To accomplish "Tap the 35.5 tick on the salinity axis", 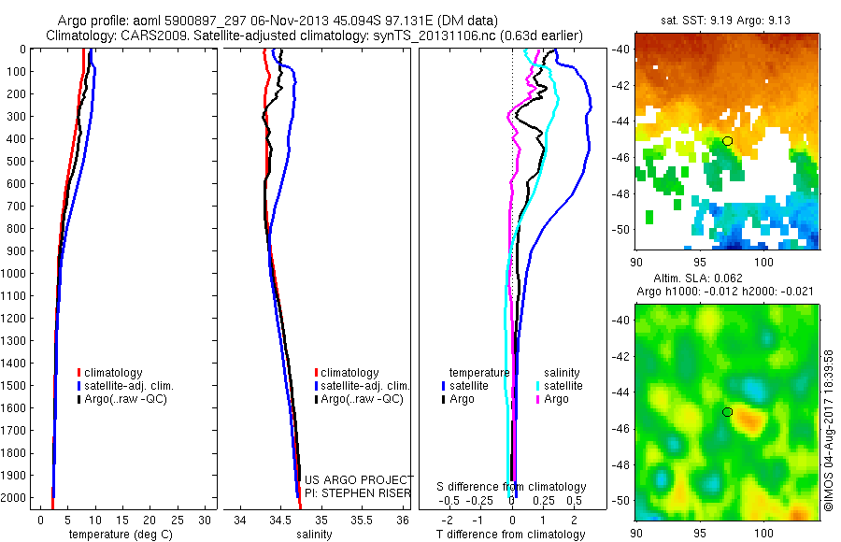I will [362, 520].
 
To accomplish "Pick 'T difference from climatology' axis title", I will [512, 535].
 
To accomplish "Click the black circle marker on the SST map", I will [727, 140].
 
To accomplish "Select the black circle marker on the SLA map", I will [727, 412].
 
